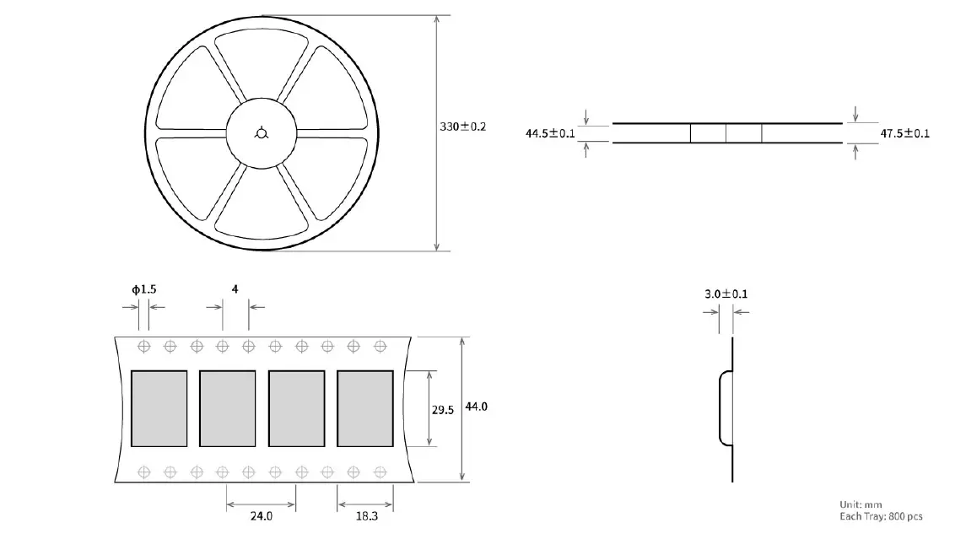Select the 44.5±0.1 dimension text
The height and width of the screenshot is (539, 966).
[x=550, y=133]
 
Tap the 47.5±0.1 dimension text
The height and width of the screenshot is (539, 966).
[x=904, y=133]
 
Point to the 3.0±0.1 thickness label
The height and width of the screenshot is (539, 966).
[x=726, y=294]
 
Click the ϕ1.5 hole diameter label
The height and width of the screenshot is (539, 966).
[x=143, y=289]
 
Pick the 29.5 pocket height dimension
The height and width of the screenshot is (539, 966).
[x=443, y=410]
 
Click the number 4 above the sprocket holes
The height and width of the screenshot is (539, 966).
[x=235, y=289]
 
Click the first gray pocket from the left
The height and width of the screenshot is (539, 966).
[x=159, y=408]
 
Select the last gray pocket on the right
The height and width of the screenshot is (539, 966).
[x=364, y=408]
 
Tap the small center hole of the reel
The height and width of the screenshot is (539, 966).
[x=262, y=132]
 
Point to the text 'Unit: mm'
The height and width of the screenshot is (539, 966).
[x=861, y=504]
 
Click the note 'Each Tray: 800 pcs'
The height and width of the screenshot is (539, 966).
[x=881, y=515]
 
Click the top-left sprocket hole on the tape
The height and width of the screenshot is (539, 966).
[x=144, y=346]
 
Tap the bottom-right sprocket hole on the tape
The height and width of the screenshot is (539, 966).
[x=379, y=471]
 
